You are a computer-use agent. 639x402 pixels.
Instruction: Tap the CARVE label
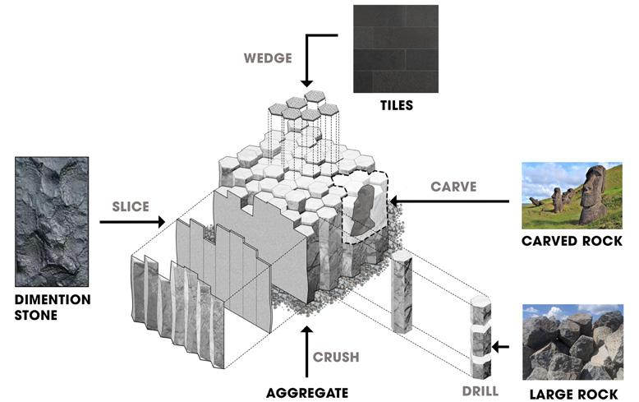(x=453, y=187)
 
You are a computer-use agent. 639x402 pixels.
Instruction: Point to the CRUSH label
(x=336, y=358)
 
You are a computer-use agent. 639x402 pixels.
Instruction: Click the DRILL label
(x=478, y=390)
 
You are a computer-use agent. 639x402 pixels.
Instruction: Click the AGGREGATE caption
(x=308, y=391)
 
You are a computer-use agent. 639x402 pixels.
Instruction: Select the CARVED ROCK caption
(x=572, y=242)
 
